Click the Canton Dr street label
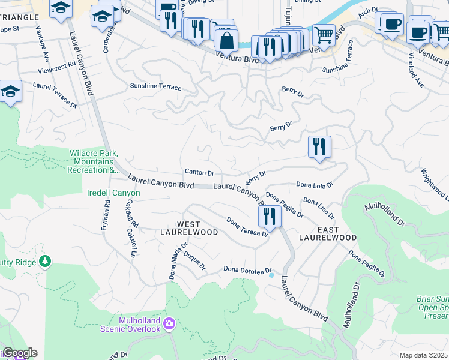click(199, 172)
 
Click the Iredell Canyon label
click(110, 193)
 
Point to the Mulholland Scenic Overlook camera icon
click(170, 324)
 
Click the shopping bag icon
click(226, 41)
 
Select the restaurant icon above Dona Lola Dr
click(319, 146)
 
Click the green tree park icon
click(44, 261)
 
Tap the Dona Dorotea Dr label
click(247, 271)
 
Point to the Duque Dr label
click(195, 262)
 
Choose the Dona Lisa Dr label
click(319, 208)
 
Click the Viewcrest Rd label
click(56, 63)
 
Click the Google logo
click(19, 353)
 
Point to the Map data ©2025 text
click(423, 355)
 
